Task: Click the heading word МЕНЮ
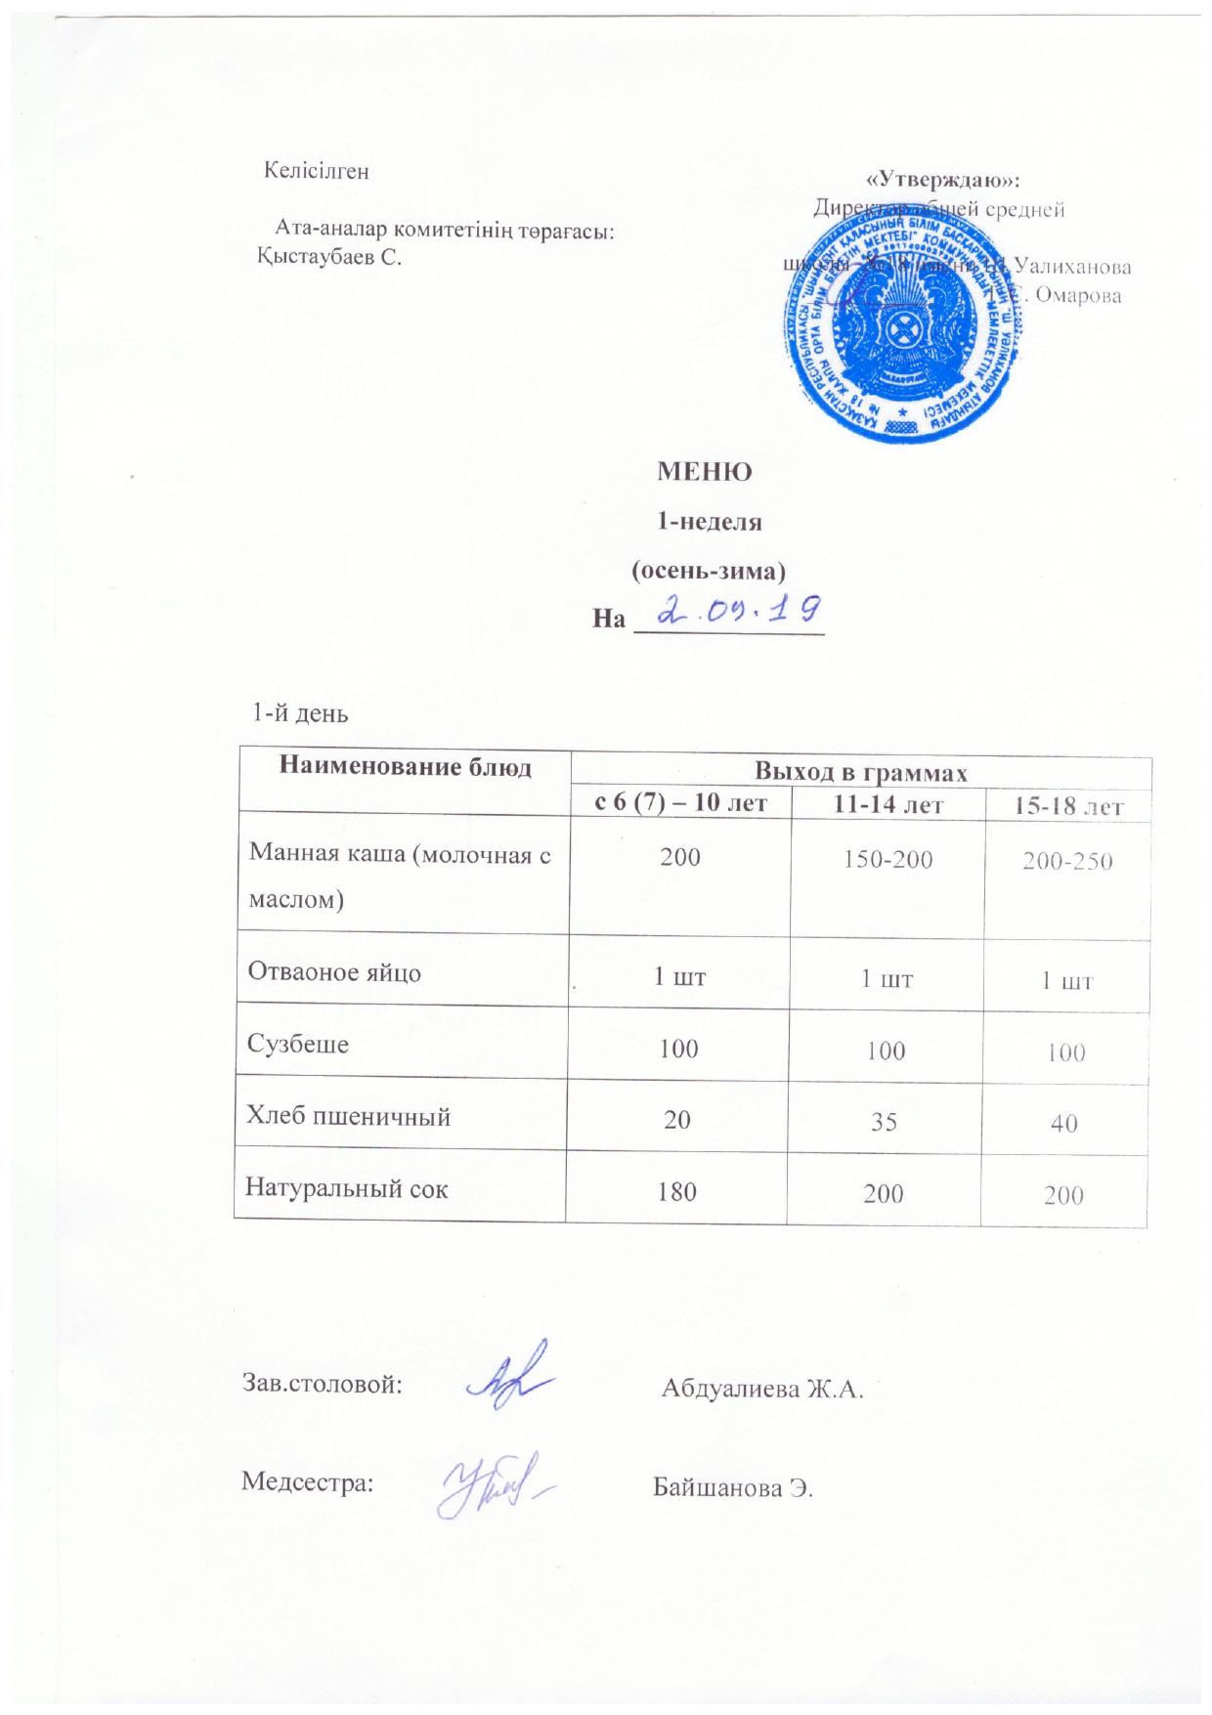(705, 473)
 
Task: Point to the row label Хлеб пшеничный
(351, 1116)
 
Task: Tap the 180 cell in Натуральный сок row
(678, 1192)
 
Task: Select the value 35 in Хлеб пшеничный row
(886, 1122)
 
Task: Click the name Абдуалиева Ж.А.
(763, 1389)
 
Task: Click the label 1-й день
(301, 712)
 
